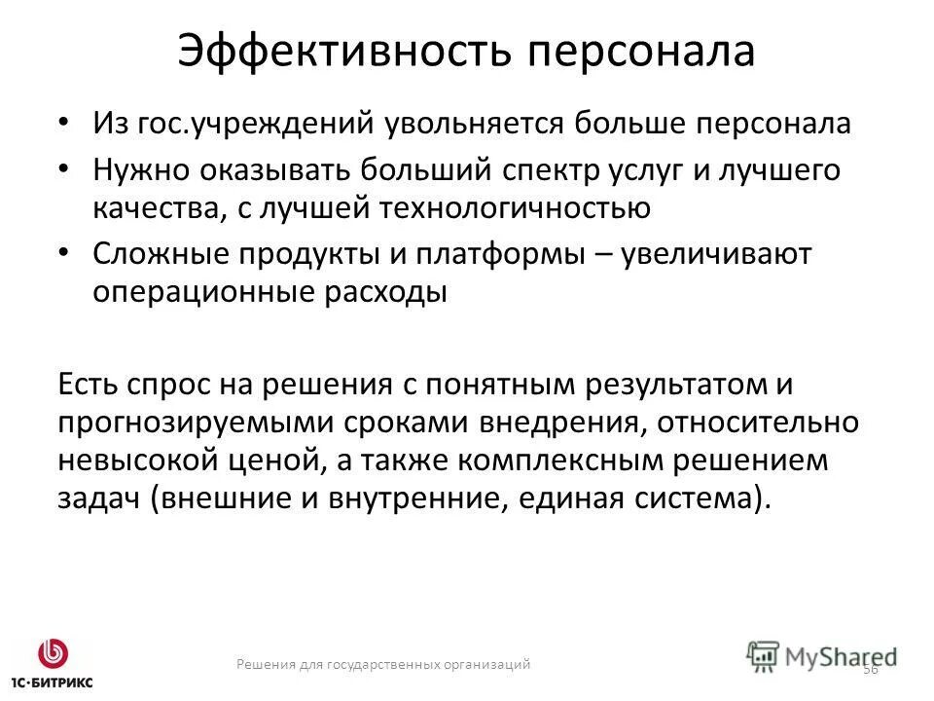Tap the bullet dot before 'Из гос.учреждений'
pyautogui.click(x=65, y=123)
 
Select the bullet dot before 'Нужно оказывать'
pyautogui.click(x=65, y=168)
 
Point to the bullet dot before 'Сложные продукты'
pyautogui.click(x=65, y=252)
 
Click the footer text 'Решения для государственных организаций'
pyautogui.click(x=383, y=664)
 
